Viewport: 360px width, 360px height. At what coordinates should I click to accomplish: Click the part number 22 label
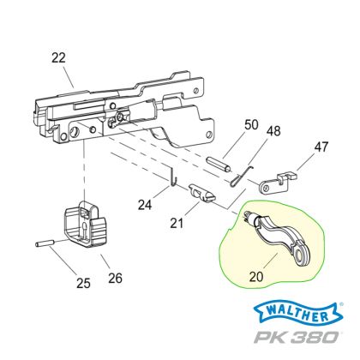click(57, 57)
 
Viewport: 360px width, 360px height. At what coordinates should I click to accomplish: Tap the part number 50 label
click(226, 124)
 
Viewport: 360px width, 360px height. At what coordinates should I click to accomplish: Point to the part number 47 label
click(321, 147)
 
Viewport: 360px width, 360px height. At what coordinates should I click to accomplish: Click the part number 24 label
click(145, 206)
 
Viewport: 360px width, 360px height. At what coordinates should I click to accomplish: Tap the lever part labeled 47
click(279, 181)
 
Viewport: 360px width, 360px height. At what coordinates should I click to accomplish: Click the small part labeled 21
click(201, 195)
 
